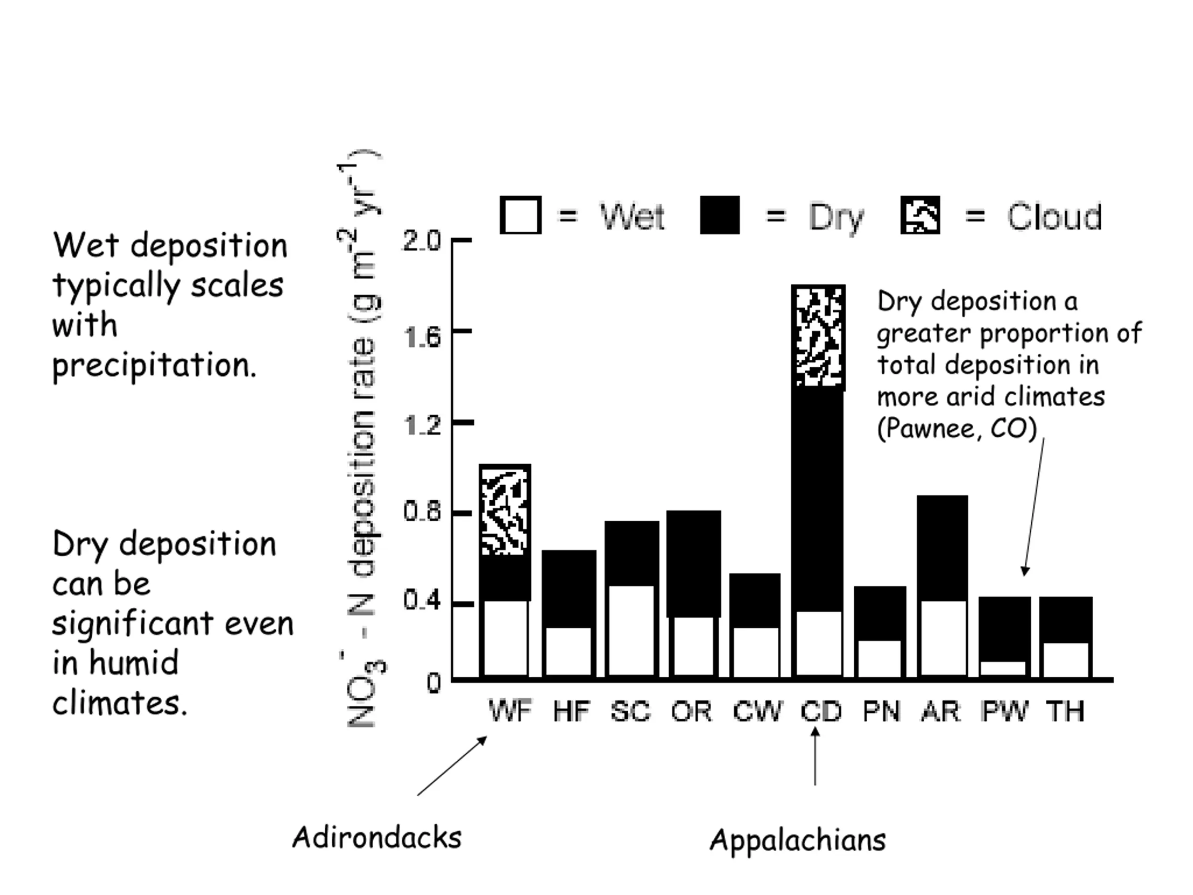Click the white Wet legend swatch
pos(521,215)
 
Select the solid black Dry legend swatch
pos(720,215)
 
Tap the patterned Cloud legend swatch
pos(920,215)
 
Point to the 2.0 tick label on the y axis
pos(421,241)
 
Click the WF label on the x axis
pos(510,710)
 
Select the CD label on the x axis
pos(821,711)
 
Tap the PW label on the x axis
pos(1005,710)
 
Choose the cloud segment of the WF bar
pos(505,510)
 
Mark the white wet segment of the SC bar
pos(631,630)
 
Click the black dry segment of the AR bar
pos(942,548)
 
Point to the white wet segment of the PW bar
pos(1004,668)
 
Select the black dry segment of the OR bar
pos(693,563)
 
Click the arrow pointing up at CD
pos(815,756)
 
